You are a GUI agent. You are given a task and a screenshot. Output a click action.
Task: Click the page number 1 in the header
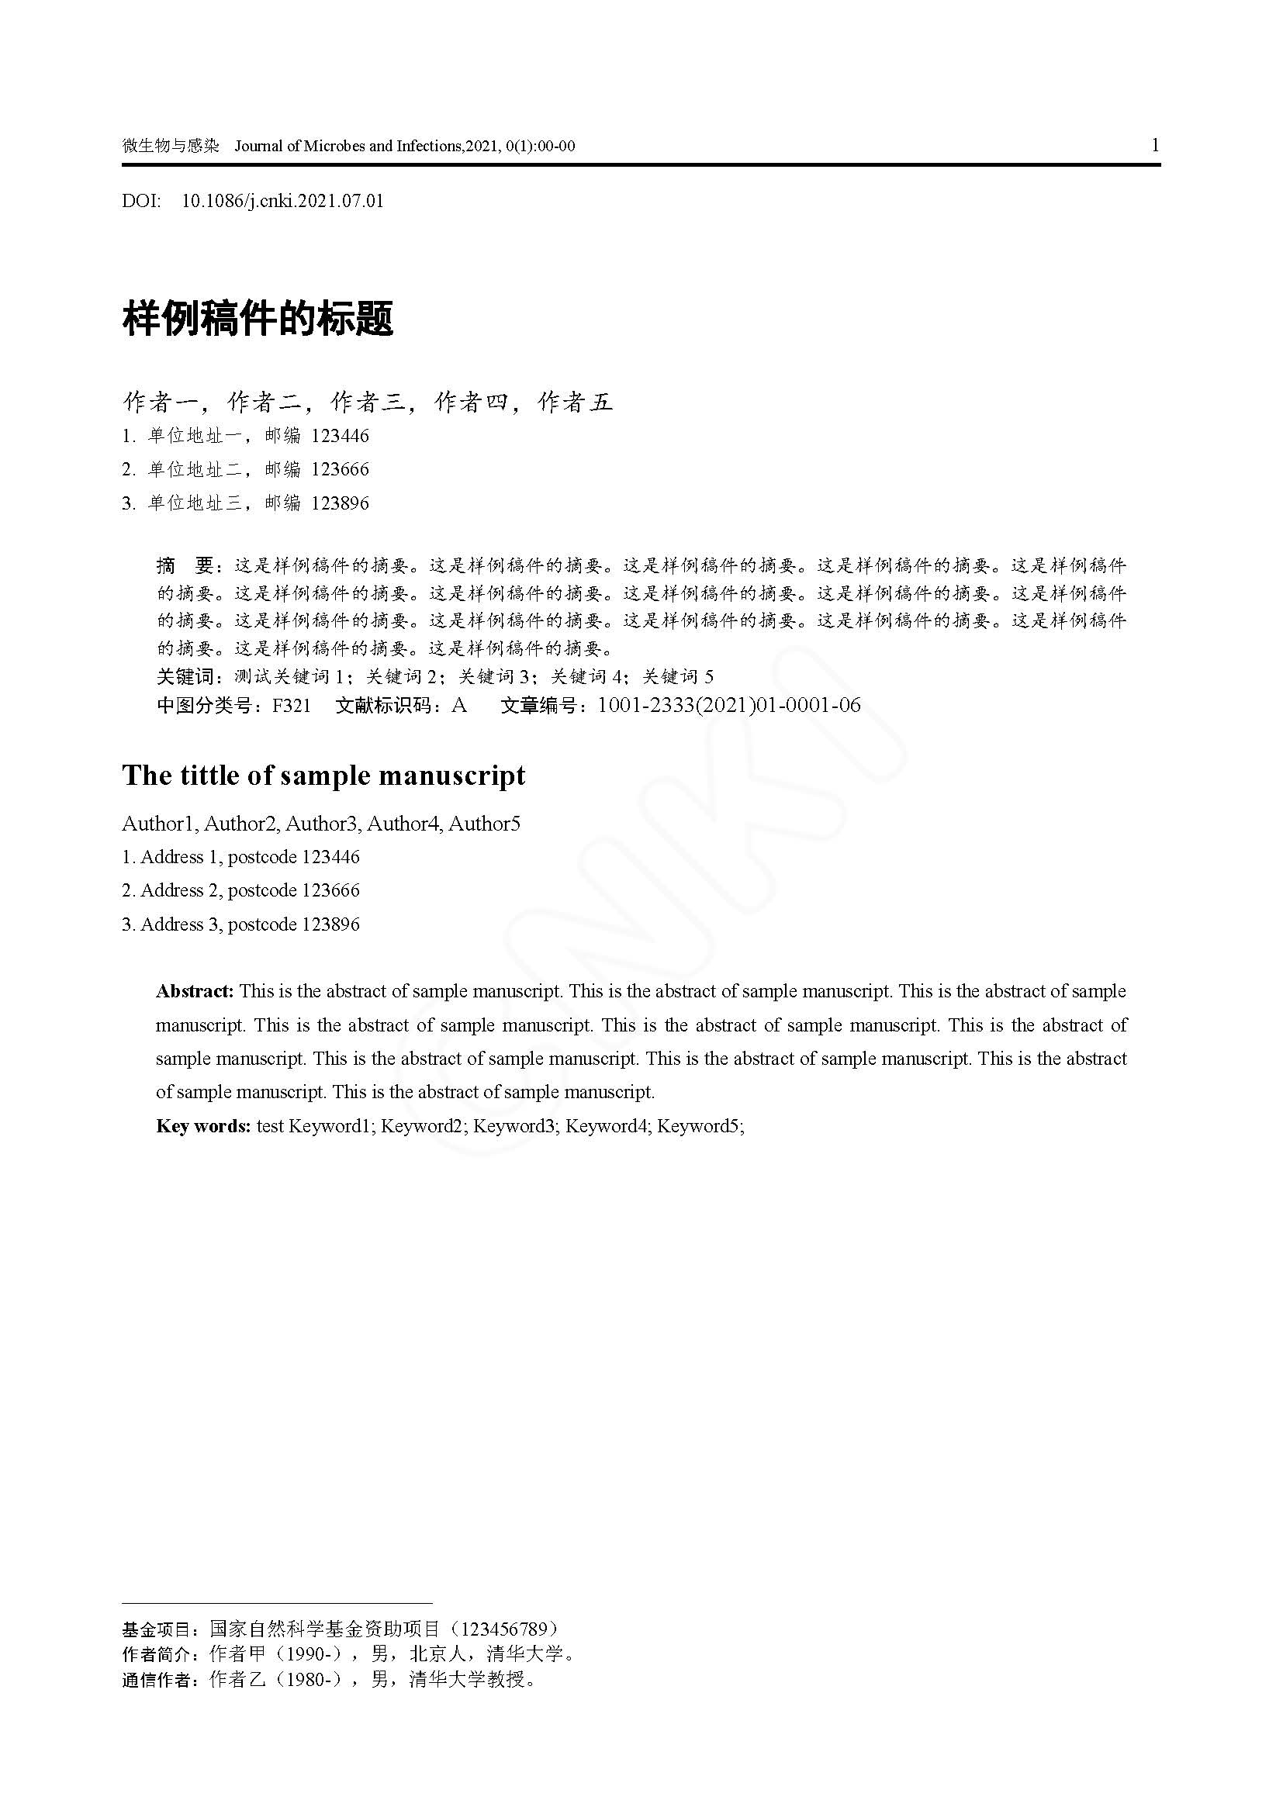point(1155,145)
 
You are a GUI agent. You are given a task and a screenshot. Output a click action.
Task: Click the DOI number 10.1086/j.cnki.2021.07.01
point(283,201)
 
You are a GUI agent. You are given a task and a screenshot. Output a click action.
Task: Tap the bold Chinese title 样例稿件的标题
point(258,320)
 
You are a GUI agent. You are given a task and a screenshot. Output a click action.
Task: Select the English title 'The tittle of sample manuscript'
point(324,775)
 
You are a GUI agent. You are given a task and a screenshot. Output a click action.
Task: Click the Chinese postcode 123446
point(340,436)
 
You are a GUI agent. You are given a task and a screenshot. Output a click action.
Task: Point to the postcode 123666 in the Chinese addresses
point(340,469)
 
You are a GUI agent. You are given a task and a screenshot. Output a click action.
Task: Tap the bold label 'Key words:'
point(203,1126)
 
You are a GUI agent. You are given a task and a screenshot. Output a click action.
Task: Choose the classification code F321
point(292,706)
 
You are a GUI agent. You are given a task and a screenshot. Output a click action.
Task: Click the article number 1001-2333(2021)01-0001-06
point(728,705)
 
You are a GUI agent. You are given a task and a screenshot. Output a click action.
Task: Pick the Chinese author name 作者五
point(575,403)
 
